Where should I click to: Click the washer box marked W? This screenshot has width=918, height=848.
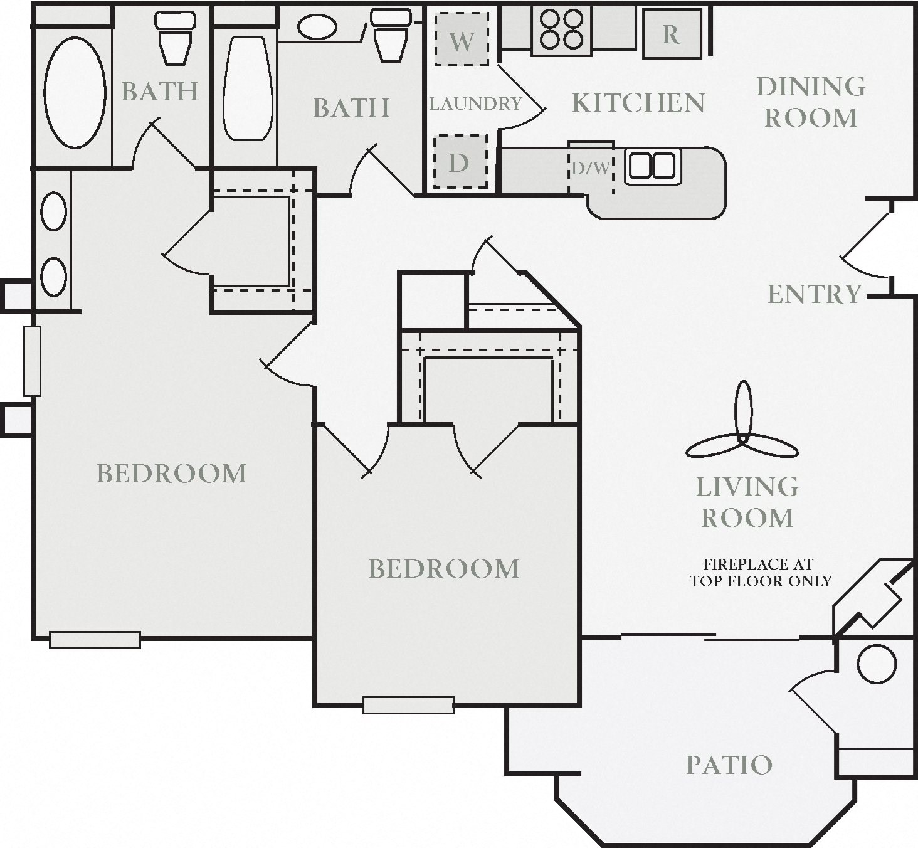coord(462,40)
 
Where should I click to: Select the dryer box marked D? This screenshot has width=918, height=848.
coord(460,162)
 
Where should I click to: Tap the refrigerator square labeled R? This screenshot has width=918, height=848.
coord(672,34)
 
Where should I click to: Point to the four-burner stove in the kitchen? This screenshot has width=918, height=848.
coord(562,29)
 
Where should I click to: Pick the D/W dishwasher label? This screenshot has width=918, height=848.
coord(590,168)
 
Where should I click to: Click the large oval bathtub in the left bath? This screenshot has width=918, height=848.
coord(75,92)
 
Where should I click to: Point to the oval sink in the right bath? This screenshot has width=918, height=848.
coord(317,27)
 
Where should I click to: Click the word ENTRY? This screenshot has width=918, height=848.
coord(815,294)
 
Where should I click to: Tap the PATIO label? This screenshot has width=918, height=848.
coord(729,765)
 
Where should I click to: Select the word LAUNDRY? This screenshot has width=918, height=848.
coord(475,103)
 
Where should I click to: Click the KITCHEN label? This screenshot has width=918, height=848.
coord(638,103)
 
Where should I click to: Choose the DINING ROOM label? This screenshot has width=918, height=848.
coord(811,102)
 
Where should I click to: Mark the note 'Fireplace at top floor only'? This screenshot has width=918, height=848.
coord(760,573)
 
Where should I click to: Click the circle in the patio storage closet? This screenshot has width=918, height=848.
coord(876,664)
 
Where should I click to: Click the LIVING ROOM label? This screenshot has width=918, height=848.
coord(747,502)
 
